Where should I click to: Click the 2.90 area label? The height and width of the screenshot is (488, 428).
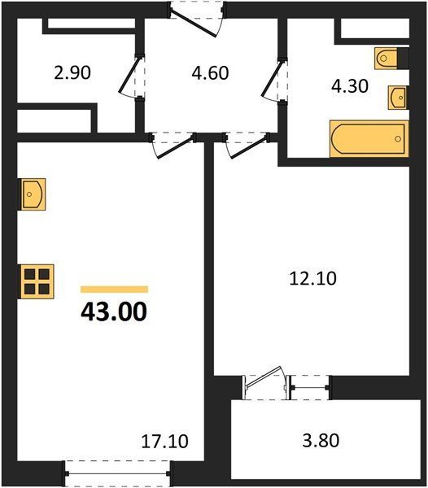pyautogui.click(x=72, y=73)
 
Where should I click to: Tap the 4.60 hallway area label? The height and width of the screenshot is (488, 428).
pyautogui.click(x=210, y=73)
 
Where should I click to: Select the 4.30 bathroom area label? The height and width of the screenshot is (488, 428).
pyautogui.click(x=350, y=86)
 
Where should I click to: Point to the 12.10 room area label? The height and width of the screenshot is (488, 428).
pyautogui.click(x=312, y=278)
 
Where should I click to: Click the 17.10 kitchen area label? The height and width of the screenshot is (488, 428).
pyautogui.click(x=164, y=442)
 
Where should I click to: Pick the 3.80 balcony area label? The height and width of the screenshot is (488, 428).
pyautogui.click(x=321, y=441)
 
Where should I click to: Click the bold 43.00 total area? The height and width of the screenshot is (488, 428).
pyautogui.click(x=114, y=312)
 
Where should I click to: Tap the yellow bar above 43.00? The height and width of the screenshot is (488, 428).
pyautogui.click(x=114, y=290)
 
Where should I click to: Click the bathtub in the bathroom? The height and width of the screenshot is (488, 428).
pyautogui.click(x=369, y=138)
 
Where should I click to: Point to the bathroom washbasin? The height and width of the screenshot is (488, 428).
pyautogui.click(x=398, y=98)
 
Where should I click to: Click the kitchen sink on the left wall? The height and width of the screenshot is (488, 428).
pyautogui.click(x=32, y=194)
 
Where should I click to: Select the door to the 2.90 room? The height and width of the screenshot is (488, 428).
pyautogui.click(x=131, y=76)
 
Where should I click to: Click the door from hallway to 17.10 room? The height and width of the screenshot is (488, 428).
pyautogui.click(x=173, y=146)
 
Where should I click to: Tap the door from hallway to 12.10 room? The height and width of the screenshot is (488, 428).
pyautogui.click(x=247, y=146)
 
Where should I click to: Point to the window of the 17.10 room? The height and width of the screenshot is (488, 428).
pyautogui.click(x=118, y=473)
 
